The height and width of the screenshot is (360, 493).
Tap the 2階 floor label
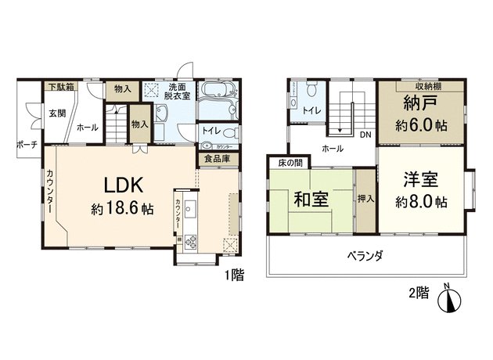tap(419, 293)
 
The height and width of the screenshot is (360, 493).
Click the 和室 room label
tap(310, 200)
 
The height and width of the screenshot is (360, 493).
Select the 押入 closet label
tap(365, 199)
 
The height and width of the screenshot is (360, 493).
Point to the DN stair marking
tap(365, 134)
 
